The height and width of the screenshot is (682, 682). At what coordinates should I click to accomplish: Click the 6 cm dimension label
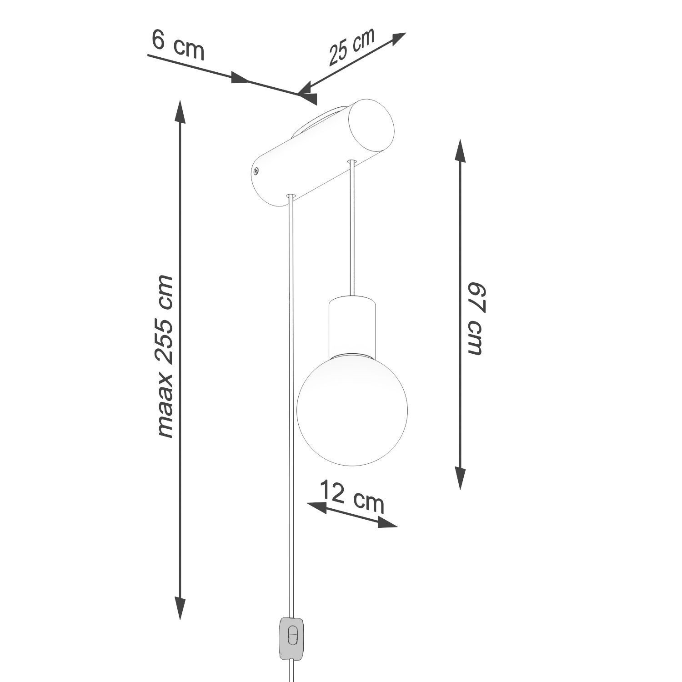[178, 45]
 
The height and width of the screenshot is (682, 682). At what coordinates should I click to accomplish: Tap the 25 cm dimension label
[351, 47]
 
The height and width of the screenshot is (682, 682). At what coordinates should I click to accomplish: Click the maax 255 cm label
[164, 357]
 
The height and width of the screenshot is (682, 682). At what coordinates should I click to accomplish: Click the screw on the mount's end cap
[256, 171]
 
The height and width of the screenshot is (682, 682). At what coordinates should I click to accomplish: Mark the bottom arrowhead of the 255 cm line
[181, 608]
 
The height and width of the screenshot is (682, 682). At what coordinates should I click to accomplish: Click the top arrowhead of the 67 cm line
[460, 151]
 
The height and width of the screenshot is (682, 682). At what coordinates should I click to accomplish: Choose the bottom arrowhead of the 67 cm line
[460, 477]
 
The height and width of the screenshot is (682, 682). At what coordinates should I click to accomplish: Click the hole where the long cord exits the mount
[291, 196]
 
